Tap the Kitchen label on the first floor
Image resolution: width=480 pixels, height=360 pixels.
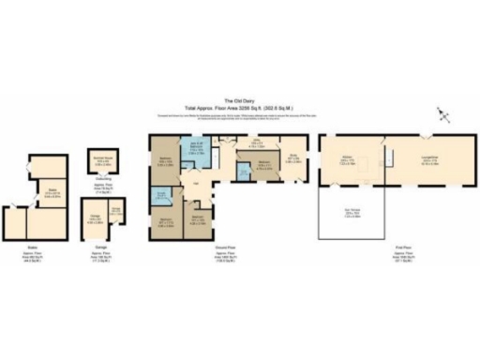coord(347,160)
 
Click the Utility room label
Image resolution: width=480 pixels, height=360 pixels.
coord(254,145)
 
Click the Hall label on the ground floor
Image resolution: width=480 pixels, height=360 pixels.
coord(197,185)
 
